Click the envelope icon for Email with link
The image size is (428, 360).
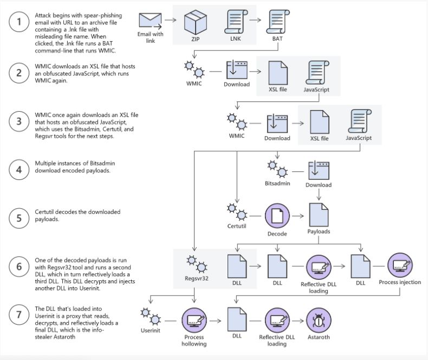150,20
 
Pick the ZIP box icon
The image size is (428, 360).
196,23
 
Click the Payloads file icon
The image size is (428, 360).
319,215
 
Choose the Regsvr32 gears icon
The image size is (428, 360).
196,265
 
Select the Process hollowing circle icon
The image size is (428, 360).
194,320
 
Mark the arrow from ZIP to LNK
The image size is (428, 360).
215,23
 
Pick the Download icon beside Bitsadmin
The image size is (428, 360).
318,169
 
